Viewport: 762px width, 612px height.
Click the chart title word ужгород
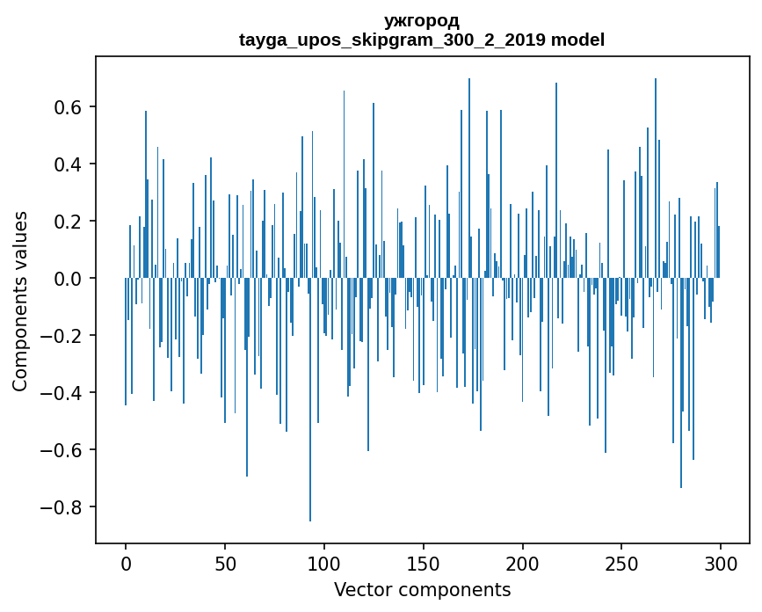pos(422,21)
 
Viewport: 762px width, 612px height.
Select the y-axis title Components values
pos(20,301)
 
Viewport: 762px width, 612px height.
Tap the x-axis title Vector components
pos(422,589)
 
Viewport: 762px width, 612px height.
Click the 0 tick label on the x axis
pos(126,563)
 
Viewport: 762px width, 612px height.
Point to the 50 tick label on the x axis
pos(225,563)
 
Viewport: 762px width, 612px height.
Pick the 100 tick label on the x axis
pos(324,563)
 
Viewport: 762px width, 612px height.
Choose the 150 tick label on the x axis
pos(424,563)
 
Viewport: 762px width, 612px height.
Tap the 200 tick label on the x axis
pos(523,563)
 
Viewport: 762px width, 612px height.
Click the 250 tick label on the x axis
pos(622,563)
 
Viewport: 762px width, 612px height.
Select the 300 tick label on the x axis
pos(722,563)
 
